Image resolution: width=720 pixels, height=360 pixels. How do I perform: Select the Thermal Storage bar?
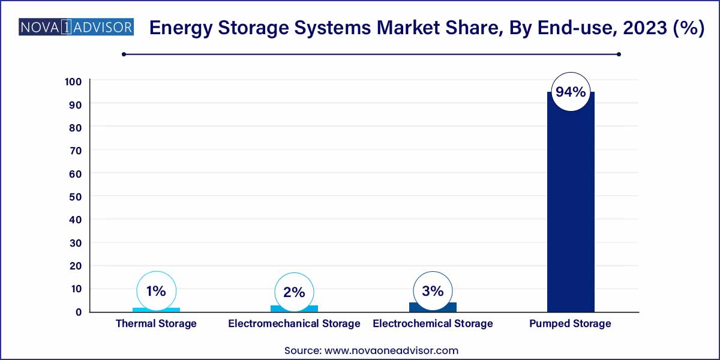tap(156, 310)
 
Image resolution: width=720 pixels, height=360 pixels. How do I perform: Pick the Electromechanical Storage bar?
tap(294, 308)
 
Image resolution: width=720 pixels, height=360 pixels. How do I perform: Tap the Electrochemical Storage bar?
tap(433, 307)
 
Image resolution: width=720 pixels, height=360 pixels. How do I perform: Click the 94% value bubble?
tap(570, 92)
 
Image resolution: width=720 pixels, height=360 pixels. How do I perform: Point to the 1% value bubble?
tap(156, 291)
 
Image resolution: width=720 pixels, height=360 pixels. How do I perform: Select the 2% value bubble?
tap(294, 292)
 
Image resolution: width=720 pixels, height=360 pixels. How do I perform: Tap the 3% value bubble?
tap(433, 291)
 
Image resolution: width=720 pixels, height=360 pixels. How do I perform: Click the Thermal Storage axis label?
tap(156, 324)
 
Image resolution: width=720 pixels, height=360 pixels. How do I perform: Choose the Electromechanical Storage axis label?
tap(294, 324)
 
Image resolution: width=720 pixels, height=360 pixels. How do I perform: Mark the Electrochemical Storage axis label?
tap(433, 324)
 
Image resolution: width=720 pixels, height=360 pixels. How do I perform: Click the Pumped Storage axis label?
tap(570, 324)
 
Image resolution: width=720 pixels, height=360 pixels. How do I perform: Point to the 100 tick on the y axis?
tap(73, 81)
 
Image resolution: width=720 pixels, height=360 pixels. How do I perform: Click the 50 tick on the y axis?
tap(75, 196)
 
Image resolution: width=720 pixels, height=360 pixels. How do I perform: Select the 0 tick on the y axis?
tap(78, 312)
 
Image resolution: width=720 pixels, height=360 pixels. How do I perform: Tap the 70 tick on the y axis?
tap(75, 150)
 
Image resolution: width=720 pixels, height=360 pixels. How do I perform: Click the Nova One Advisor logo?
tap(76, 28)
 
